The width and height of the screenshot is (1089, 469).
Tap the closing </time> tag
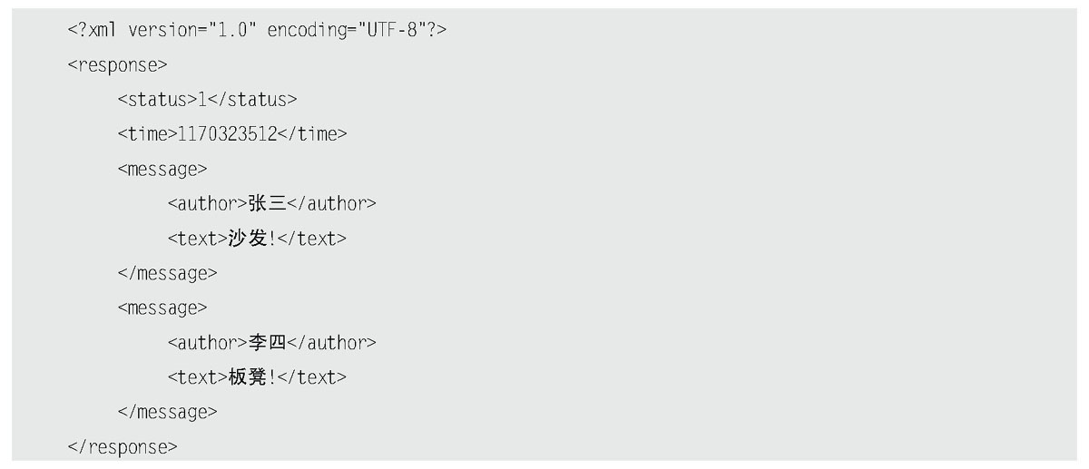coord(313,134)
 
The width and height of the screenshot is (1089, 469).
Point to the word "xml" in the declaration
coord(103,30)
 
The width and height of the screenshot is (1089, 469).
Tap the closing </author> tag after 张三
coord(331,204)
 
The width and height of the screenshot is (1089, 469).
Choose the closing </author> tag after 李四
coord(331,343)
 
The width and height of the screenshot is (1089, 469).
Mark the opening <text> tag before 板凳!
coord(197,377)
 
